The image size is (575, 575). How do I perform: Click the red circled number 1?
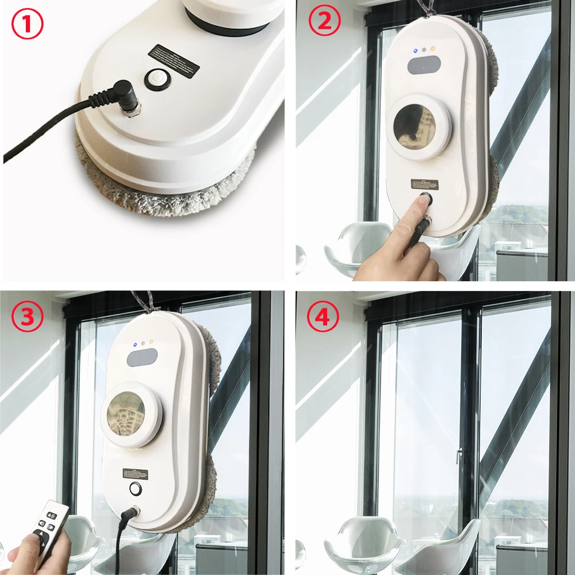[28, 27]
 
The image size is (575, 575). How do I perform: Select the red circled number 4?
[323, 317]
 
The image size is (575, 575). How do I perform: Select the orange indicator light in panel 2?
[432, 50]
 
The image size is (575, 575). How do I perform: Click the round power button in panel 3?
[136, 489]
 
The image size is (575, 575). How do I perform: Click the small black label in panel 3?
[135, 474]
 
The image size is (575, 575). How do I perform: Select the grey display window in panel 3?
[141, 361]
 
